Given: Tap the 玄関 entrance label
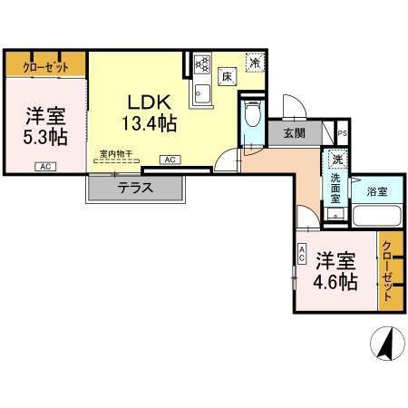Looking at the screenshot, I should pos(295,134).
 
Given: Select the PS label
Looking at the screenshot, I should pos(342,134).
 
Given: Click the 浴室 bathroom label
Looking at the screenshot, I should pos(377,191).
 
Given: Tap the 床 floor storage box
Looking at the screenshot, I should pos(230,78).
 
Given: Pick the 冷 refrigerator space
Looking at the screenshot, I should pos(257,63).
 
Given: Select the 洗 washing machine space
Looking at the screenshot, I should pos(336,160).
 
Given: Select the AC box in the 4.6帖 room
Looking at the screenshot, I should pos(301,257).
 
